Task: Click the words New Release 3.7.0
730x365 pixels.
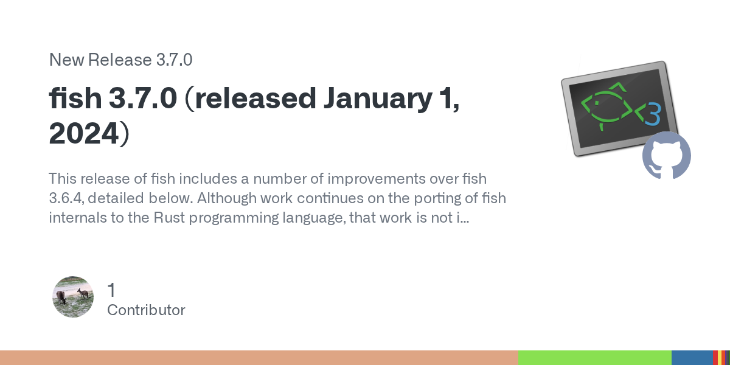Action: pos(120,60)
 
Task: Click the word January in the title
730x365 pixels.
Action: pos(378,99)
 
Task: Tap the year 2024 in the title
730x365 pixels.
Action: pos(84,133)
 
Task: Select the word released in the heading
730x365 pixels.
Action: pos(255,98)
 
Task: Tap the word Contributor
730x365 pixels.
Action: pos(146,310)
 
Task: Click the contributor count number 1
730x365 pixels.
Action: pos(111,290)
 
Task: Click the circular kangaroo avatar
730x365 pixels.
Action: pos(73,297)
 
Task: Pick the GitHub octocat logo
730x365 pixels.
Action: pos(667,156)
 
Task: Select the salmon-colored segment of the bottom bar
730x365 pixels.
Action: pos(259,358)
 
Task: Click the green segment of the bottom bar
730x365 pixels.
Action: pos(595,358)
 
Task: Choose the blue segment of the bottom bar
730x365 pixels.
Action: pos(692,358)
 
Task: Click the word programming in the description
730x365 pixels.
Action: pos(234,218)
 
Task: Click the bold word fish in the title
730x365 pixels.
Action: pos(75,98)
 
